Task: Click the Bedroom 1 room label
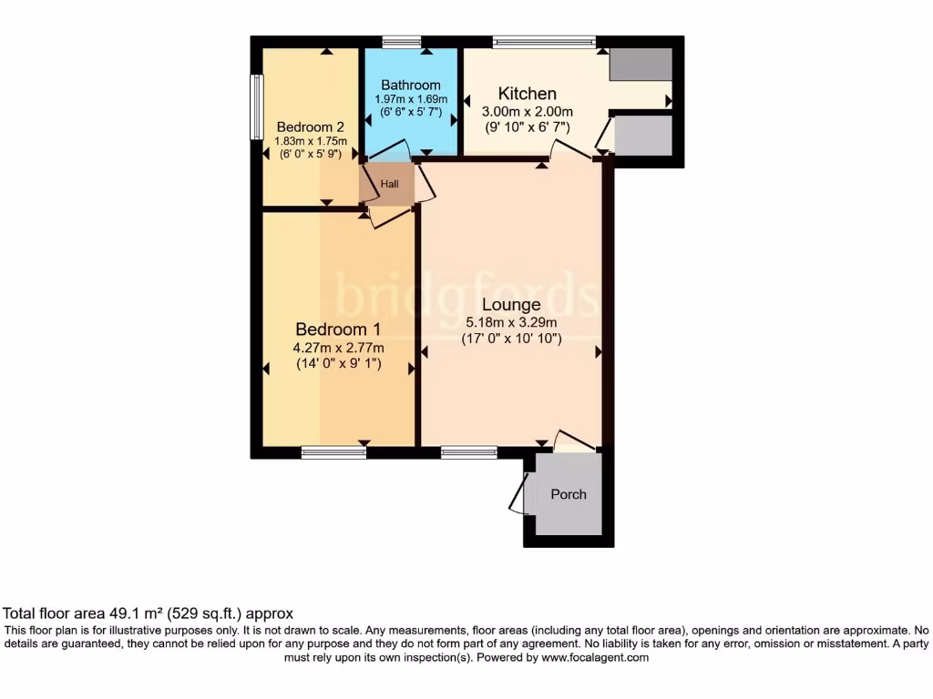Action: (338, 329)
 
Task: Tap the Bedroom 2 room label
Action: (311, 127)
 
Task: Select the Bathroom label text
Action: (410, 86)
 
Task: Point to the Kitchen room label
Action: (527, 94)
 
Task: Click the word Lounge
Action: (511, 305)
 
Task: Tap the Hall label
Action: (389, 184)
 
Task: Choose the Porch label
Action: (569, 494)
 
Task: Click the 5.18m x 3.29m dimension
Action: (511, 322)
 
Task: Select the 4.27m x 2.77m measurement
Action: (338, 348)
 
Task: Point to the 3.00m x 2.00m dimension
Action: (527, 111)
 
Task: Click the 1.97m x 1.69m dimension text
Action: (410, 99)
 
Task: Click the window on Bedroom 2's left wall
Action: (256, 106)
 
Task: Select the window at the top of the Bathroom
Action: (402, 41)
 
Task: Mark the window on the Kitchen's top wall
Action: (544, 41)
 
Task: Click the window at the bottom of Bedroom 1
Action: (333, 452)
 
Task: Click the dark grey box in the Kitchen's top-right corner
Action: (641, 65)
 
